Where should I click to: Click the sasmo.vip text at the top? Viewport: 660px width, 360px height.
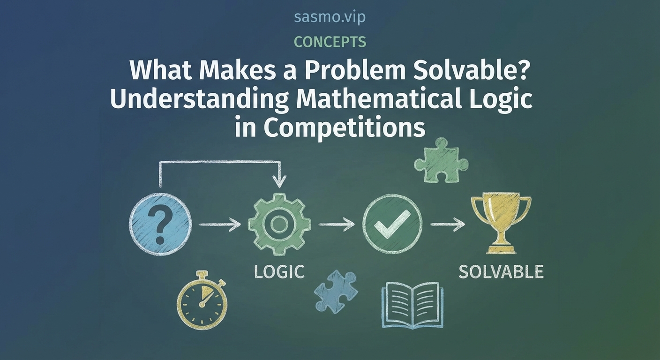330,17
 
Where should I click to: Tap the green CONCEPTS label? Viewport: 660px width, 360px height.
330,42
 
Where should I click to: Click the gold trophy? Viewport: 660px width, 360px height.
501,220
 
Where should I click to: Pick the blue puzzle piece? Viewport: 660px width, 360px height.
335,291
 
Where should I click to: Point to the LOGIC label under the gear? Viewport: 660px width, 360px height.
279,271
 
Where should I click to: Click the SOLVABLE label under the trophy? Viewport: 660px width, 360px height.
501,271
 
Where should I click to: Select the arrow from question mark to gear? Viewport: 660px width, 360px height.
219,225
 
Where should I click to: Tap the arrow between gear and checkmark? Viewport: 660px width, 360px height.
336,225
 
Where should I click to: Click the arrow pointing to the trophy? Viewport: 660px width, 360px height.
447,225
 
